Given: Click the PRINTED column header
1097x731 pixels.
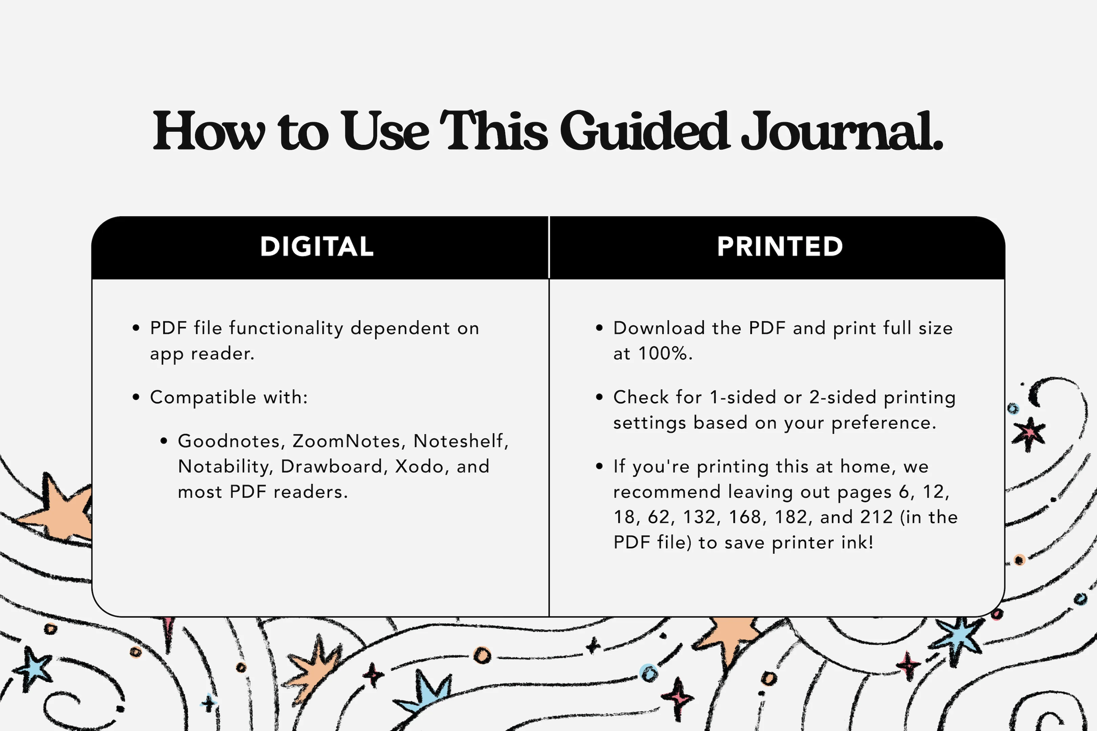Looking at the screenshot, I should pos(780,247).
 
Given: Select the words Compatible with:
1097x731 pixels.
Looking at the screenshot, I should pos(229,398).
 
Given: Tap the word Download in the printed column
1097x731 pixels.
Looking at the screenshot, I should pos(659,328).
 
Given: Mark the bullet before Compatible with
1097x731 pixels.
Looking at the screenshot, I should pos(136,398).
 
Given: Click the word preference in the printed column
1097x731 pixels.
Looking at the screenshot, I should pos(883,423).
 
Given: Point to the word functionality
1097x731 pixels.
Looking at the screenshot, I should pos(286,329).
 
